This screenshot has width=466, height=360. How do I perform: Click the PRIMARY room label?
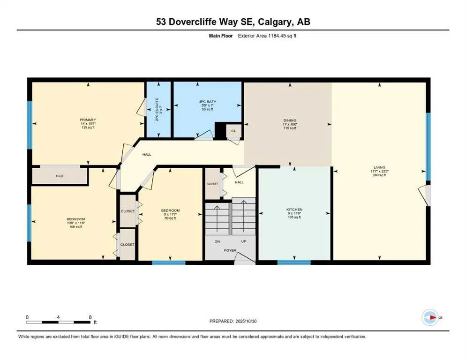tap(88, 120)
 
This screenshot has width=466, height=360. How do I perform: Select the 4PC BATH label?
tap(207, 102)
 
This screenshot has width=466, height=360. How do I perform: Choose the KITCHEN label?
tap(294, 210)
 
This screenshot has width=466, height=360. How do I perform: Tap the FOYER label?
tap(230, 250)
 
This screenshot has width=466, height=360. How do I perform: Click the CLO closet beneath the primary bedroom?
tap(60, 176)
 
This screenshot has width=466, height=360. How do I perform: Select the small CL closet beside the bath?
tap(233, 131)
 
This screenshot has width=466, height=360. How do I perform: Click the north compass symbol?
tap(430, 317)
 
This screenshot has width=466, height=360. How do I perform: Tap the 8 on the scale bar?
tap(90, 317)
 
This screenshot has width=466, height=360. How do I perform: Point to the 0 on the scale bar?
tap(28, 317)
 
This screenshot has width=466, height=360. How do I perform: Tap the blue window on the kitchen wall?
tap(294, 262)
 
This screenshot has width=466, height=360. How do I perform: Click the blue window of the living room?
tap(428, 146)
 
